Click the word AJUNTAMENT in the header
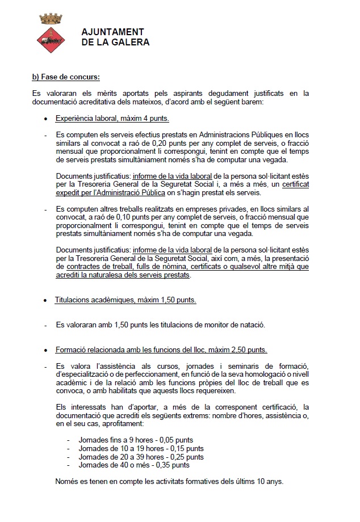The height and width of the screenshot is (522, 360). (112, 32)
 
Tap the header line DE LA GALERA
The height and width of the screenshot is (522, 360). (116, 42)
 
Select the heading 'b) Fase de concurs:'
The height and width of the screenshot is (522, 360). (66, 77)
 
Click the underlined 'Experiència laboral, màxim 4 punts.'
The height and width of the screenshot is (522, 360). (112, 119)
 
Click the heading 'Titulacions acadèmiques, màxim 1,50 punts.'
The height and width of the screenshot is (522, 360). (125, 300)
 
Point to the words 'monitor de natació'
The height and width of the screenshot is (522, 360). (233, 325)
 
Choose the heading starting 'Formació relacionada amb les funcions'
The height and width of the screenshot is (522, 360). (161, 350)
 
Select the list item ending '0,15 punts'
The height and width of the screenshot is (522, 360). (139, 448)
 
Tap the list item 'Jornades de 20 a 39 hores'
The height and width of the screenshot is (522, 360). (140, 457)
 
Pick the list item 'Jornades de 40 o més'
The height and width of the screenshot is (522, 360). (133, 465)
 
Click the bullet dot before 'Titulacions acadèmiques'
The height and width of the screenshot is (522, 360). (46, 301)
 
